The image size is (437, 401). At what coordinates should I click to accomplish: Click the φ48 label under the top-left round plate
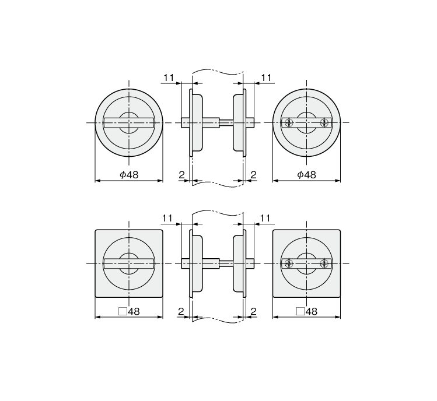tap(129, 175)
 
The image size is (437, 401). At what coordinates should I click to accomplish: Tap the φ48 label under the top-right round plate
tap(306, 175)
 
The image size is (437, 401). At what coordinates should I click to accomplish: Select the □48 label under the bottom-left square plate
tap(129, 311)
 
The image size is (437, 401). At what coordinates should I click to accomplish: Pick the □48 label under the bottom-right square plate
tap(306, 311)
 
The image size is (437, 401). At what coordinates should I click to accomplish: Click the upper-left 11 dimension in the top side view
tap(169, 78)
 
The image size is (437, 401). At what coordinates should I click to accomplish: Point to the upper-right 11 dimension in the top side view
tap(266, 78)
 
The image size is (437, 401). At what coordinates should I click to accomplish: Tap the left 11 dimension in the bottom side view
tap(167, 218)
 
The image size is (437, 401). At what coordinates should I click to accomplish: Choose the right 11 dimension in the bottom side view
tap(265, 218)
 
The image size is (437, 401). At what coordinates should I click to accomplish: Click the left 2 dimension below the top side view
tap(181, 175)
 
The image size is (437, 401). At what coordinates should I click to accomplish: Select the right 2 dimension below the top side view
tap(253, 175)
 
